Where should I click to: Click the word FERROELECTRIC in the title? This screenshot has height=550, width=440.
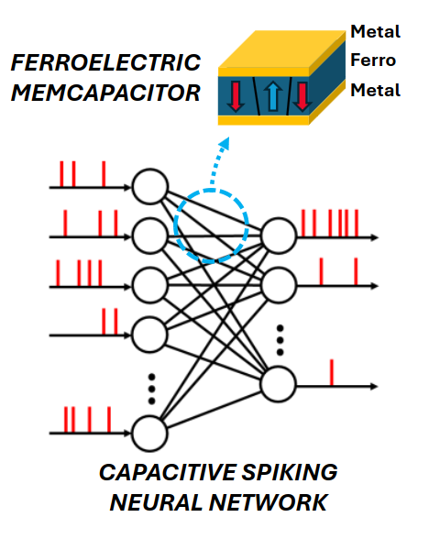tap(105, 62)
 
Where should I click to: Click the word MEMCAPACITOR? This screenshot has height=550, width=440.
tap(105, 93)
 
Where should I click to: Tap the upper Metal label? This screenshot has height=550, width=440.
tap(375, 32)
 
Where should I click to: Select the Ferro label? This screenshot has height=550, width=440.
tap(373, 60)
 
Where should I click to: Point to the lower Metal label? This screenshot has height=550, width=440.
tap(375, 91)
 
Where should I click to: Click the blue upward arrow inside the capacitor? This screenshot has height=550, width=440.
tap(272, 95)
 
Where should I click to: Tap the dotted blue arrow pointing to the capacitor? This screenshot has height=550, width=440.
tap(218, 160)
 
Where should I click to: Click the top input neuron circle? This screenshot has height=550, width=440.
tap(149, 187)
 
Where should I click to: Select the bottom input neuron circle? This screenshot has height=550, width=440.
tap(149, 434)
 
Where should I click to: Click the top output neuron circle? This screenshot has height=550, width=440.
tap(279, 236)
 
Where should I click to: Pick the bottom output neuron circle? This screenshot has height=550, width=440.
tap(279, 384)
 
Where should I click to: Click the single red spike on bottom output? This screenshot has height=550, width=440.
tap(332, 372)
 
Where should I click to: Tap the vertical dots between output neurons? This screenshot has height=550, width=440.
tap(280, 340)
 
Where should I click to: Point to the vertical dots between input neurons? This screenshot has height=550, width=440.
tap(151, 389)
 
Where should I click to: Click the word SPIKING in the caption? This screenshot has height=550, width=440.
tap(289, 472)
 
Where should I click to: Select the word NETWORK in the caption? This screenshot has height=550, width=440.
tap(269, 502)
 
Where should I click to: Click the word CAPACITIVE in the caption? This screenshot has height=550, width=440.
tap(168, 472)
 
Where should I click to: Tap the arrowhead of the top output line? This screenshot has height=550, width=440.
tap(375, 237)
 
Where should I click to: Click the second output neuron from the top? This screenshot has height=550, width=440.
tap(279, 285)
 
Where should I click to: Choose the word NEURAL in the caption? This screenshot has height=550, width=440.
tap(156, 502)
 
